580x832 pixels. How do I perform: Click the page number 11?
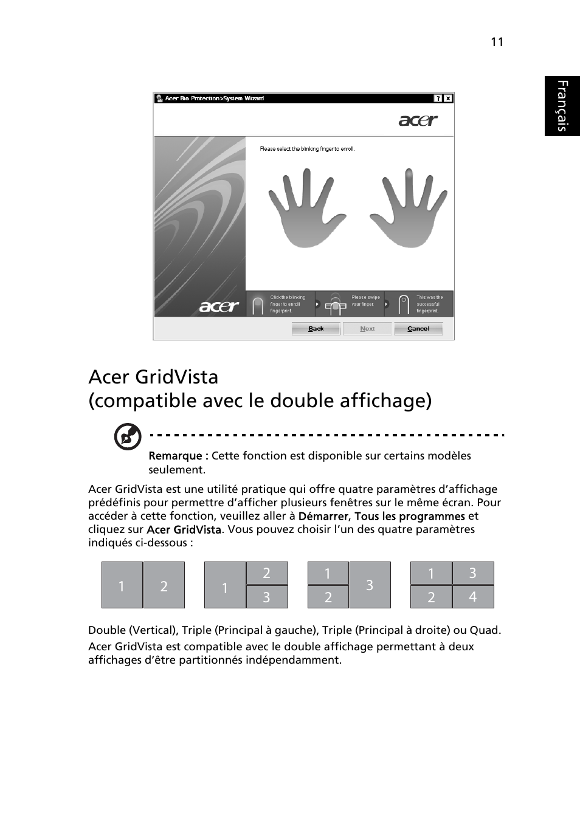click(x=497, y=42)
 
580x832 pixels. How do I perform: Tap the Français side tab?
click(x=562, y=106)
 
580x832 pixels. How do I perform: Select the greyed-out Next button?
click(x=367, y=329)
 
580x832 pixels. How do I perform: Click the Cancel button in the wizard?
click(x=418, y=329)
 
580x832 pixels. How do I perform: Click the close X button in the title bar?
click(x=448, y=98)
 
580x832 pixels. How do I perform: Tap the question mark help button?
click(x=438, y=98)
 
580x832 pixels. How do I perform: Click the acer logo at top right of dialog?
click(x=418, y=120)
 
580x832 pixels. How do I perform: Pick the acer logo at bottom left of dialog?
click(x=219, y=307)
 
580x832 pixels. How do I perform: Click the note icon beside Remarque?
click(x=128, y=437)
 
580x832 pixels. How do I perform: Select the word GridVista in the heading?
click(x=177, y=377)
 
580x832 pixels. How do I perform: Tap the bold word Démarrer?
click(x=323, y=516)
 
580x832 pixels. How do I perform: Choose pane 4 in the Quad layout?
click(x=472, y=597)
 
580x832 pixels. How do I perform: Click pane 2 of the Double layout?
click(x=164, y=585)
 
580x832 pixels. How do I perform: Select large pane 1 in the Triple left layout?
click(x=225, y=585)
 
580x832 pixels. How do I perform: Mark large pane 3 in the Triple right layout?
click(x=370, y=585)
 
